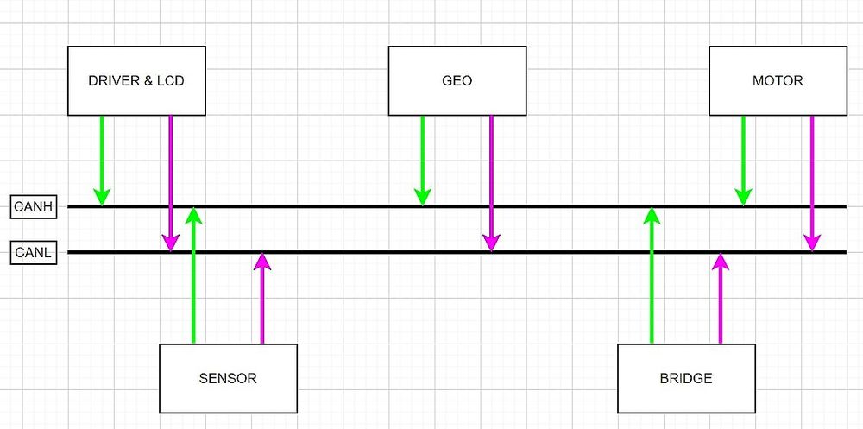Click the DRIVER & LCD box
(x=136, y=81)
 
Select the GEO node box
(x=457, y=81)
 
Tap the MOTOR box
(x=778, y=81)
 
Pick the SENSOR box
(x=228, y=378)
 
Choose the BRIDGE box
(x=686, y=378)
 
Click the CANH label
(x=34, y=207)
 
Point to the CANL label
(x=34, y=253)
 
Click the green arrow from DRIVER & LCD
(x=102, y=161)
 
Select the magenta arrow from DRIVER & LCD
(x=171, y=183)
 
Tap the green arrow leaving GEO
(x=423, y=161)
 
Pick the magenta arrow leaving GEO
(x=492, y=183)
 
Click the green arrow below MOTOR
(x=743, y=161)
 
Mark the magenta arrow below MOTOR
(x=812, y=183)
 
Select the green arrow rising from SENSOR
(x=193, y=274)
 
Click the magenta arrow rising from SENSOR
(x=262, y=298)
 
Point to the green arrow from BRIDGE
(x=652, y=274)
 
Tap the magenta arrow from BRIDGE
(x=721, y=298)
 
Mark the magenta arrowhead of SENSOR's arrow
(x=262, y=261)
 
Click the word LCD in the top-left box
(x=173, y=81)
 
